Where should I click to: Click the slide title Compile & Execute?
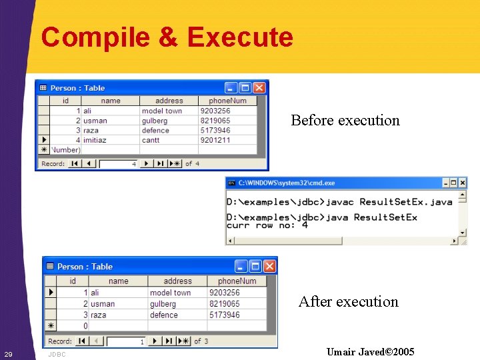(167, 37)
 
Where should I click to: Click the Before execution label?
(345, 121)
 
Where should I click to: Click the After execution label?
(348, 302)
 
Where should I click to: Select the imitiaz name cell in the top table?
(95, 140)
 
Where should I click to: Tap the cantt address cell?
(151, 140)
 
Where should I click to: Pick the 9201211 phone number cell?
(215, 140)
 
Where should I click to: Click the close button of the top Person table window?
(260, 88)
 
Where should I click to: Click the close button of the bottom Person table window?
(269, 267)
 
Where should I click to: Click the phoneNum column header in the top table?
(227, 101)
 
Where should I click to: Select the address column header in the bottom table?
(177, 281)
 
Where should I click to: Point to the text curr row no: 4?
(267, 225)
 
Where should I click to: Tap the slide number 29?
(8, 353)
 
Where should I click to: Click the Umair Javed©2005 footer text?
(370, 352)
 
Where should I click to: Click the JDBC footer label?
(57, 355)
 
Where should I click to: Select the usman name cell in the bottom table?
(103, 304)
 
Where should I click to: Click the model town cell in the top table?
(162, 111)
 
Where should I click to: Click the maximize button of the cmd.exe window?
(453, 183)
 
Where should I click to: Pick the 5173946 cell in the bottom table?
(225, 315)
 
